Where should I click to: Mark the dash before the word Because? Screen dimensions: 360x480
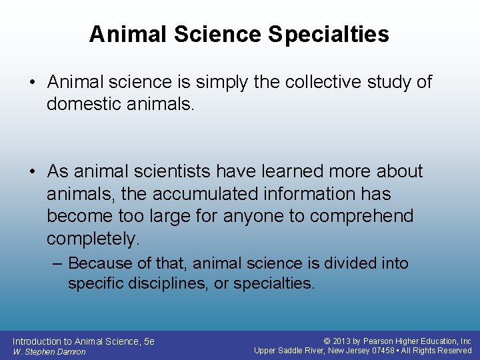point(58,263)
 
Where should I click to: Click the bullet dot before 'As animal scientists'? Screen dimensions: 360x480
point(33,171)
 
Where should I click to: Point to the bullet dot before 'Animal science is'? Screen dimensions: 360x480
point(33,82)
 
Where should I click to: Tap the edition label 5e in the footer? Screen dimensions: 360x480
point(149,341)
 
